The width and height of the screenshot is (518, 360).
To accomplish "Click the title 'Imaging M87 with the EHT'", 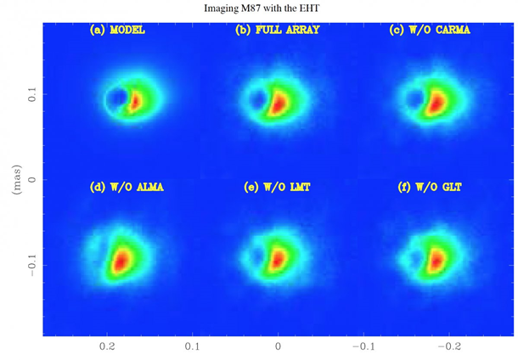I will pos(258,8).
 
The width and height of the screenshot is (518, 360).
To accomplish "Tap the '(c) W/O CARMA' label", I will pos(429,31).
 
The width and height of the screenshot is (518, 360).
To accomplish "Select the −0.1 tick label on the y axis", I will pos(32,266).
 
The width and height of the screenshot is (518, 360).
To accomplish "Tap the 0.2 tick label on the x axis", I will pos(107,347).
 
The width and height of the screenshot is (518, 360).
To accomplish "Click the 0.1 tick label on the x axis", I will pos(193,347).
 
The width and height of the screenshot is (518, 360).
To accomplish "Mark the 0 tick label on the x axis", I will pos(278,347).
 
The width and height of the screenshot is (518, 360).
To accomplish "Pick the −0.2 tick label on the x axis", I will pos(448,347).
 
